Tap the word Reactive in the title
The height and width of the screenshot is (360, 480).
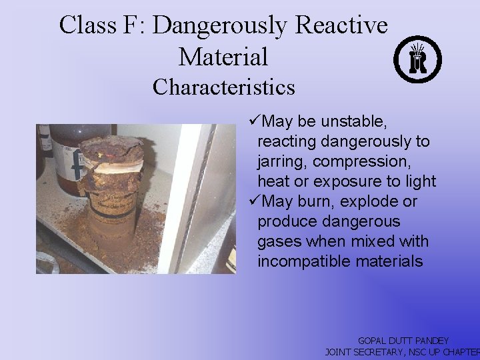tap(341, 26)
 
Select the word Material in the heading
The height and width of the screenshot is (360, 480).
tap(223, 57)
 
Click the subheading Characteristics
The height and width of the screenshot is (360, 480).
tap(224, 87)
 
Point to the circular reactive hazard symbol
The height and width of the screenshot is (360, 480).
tap(417, 59)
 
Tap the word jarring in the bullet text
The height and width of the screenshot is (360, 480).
tap(281, 161)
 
